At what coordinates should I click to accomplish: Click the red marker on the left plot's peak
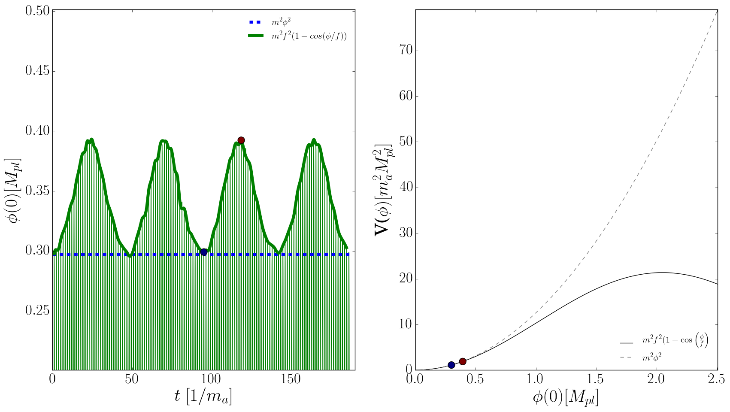pyautogui.click(x=241, y=140)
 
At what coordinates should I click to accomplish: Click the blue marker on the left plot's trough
pyautogui.click(x=204, y=252)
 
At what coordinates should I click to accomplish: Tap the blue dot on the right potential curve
pyautogui.click(x=451, y=365)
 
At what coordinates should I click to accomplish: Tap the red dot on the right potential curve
pyautogui.click(x=463, y=361)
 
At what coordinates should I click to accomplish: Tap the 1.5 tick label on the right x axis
pyautogui.click(x=597, y=379)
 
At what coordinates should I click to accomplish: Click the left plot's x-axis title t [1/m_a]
pyautogui.click(x=203, y=397)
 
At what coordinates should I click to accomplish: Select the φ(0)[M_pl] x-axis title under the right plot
pyautogui.click(x=566, y=397)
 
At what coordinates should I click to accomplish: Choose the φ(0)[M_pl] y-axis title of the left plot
pyautogui.click(x=14, y=191)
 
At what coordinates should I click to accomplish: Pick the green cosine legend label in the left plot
pyautogui.click(x=309, y=36)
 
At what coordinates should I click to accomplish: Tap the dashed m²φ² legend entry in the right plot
pyautogui.click(x=652, y=357)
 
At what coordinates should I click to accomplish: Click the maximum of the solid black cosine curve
pyautogui.click(x=662, y=273)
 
